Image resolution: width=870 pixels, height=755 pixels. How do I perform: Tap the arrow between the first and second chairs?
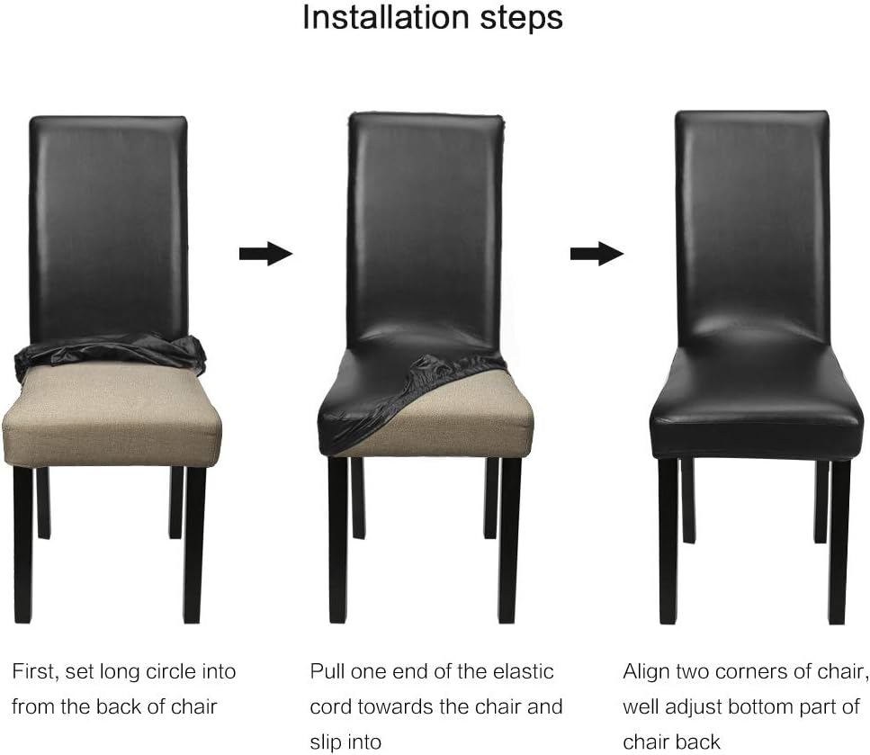tap(265, 254)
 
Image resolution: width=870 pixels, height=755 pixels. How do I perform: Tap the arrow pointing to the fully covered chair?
tap(597, 254)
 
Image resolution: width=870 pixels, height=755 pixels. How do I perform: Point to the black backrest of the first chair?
tap(109, 228)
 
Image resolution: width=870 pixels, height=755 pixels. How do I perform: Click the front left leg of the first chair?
tap(23, 544)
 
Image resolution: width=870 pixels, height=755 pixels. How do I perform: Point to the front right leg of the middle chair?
tap(509, 540)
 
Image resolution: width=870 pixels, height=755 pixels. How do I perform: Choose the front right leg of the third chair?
tap(839, 542)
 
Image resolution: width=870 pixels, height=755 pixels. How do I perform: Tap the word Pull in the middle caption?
tap(327, 671)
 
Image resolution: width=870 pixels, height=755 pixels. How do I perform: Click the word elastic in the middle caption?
tap(524, 671)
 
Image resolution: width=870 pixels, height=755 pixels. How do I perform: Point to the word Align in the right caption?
tap(646, 672)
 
